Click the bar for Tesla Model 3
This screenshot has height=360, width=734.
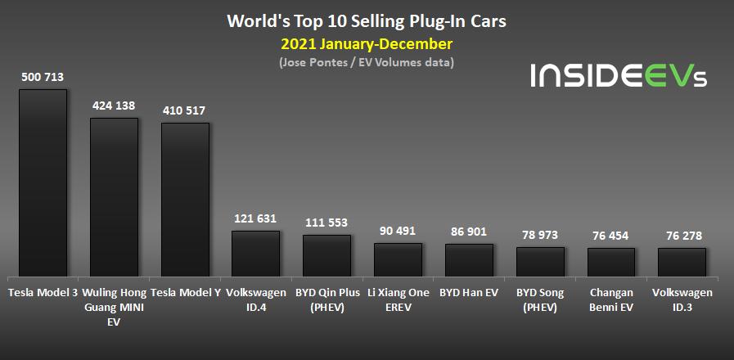(43, 183)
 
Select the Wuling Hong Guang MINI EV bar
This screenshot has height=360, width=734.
(114, 198)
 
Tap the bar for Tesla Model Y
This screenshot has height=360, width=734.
(185, 200)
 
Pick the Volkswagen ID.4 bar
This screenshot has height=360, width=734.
(255, 254)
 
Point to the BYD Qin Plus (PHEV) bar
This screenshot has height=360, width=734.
(326, 257)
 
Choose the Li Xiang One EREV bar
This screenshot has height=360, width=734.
(398, 260)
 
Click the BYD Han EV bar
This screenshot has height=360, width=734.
(469, 261)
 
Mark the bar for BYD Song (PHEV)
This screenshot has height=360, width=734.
(540, 263)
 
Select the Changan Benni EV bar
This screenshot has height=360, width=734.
(611, 263)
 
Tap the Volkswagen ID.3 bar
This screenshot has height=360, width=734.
(682, 263)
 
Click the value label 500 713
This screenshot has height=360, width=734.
(43, 77)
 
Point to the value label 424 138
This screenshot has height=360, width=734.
(114, 106)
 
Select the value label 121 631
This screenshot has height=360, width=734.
(255, 218)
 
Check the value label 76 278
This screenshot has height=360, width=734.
(682, 236)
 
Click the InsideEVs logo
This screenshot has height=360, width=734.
(618, 75)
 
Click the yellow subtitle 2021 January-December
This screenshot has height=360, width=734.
(366, 43)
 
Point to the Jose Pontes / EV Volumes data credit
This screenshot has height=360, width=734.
(366, 62)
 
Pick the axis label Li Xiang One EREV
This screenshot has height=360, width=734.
(398, 299)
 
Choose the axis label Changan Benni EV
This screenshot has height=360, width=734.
(611, 299)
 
